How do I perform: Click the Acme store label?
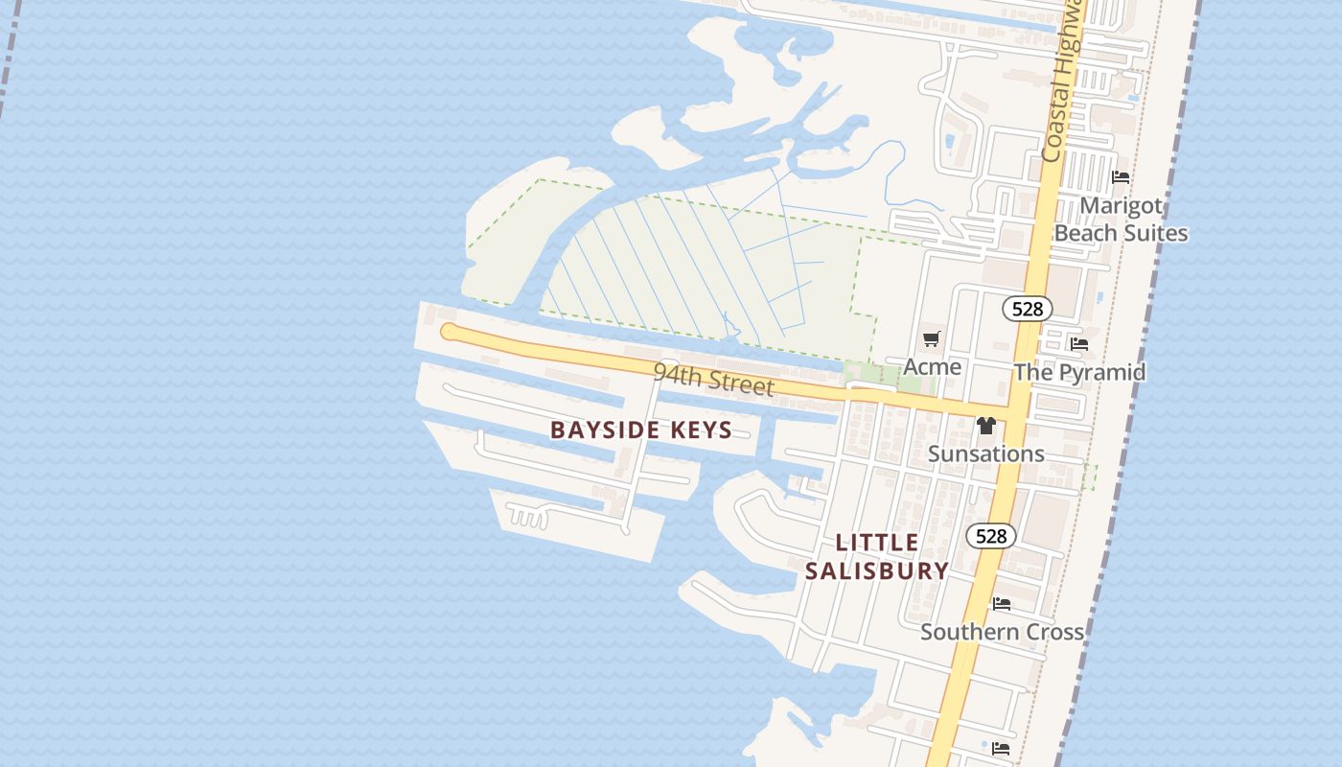tap(932, 367)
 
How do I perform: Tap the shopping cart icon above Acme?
tap(931, 338)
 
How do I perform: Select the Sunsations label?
tap(985, 453)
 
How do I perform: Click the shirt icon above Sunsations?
tap(985, 426)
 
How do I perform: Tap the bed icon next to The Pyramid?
tap(1079, 343)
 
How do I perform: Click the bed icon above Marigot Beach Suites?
tap(1120, 177)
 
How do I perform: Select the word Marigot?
tap(1121, 206)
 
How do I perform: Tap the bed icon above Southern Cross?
tap(1002, 604)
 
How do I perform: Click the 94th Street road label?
tap(713, 379)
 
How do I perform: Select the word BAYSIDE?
tap(601, 430)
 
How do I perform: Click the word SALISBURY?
tap(876, 571)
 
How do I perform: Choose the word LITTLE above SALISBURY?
tap(877, 543)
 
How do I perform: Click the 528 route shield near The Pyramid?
tap(1027, 309)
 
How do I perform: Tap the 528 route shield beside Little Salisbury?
tap(990, 536)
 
